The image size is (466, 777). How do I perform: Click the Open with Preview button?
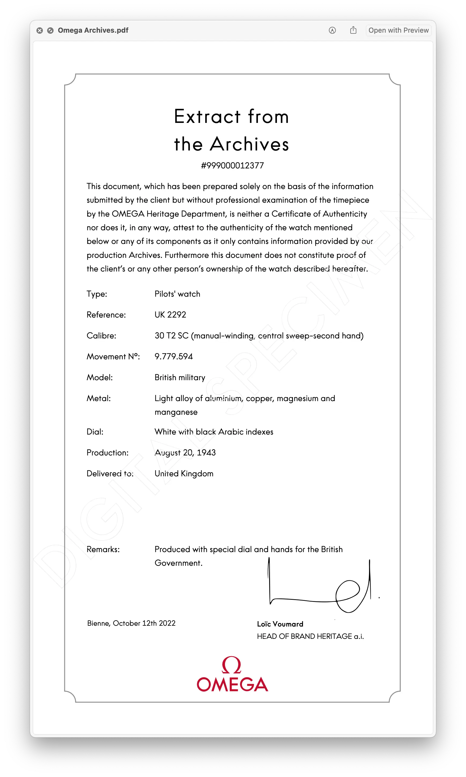(x=398, y=31)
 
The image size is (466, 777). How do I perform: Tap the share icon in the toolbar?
(x=353, y=30)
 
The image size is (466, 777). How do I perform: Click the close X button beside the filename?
(x=40, y=31)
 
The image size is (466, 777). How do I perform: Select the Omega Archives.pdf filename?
(x=93, y=31)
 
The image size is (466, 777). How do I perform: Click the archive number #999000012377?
(x=232, y=165)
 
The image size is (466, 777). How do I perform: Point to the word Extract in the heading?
(x=207, y=117)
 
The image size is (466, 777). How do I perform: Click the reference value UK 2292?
(x=170, y=315)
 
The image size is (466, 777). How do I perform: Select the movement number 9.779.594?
(x=174, y=356)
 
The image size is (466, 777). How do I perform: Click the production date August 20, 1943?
(x=185, y=452)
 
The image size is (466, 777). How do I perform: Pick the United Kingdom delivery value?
(x=184, y=473)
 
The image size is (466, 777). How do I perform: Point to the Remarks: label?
(x=103, y=549)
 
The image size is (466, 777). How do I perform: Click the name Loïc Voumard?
(x=280, y=624)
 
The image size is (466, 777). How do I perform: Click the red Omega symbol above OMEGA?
(x=231, y=665)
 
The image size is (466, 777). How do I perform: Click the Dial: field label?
(x=95, y=432)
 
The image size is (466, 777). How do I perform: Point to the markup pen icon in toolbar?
(x=332, y=31)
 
